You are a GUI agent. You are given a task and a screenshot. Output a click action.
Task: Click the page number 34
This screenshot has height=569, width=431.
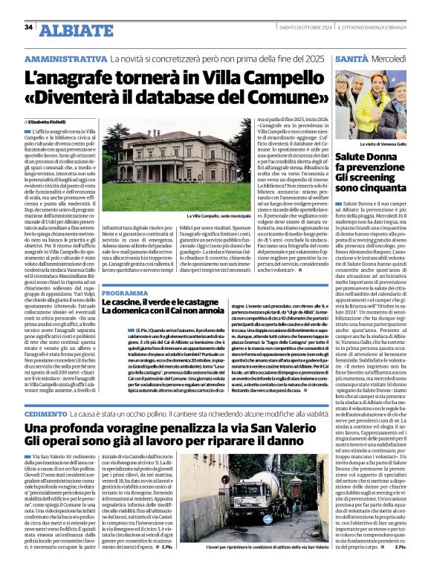pyautogui.click(x=28, y=27)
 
